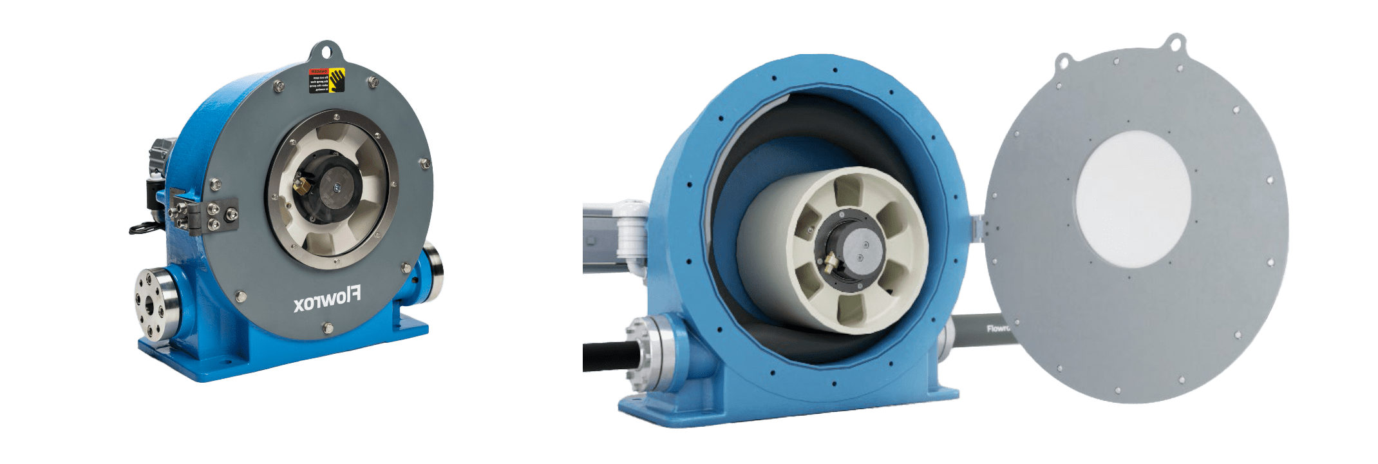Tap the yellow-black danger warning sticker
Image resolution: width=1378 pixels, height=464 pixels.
[327, 80]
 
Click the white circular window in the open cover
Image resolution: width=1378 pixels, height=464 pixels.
[1133, 199]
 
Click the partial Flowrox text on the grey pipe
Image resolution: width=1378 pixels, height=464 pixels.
[998, 329]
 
